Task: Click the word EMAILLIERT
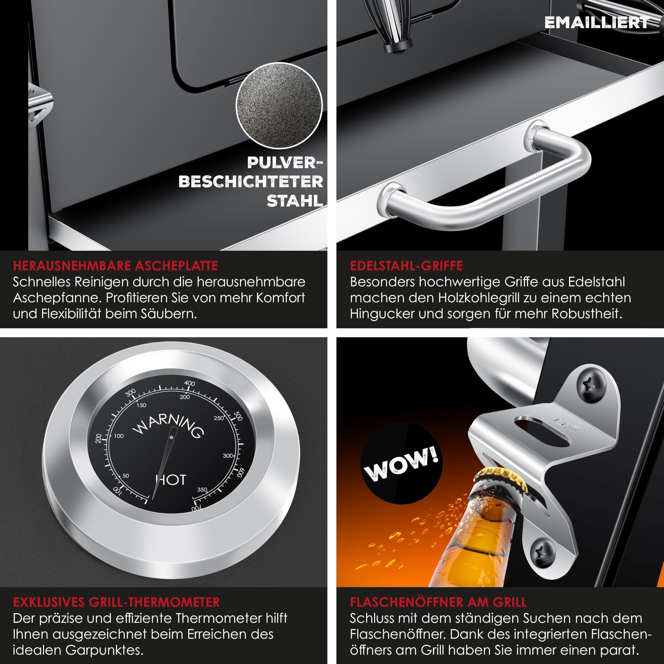597,22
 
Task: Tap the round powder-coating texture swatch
279,106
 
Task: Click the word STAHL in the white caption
295,201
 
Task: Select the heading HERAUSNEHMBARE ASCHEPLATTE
115,266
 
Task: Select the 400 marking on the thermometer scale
189,383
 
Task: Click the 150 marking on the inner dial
141,405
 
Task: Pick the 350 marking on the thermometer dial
202,489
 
